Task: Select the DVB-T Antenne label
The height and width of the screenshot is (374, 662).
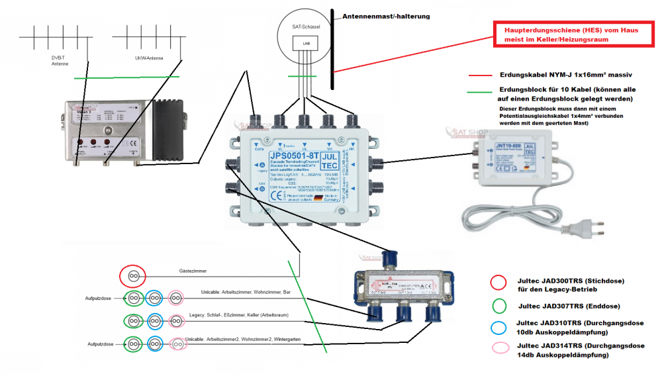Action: coord(60,60)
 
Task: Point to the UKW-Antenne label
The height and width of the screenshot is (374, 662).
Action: coord(147,58)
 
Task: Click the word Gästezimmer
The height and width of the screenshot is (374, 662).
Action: coord(193,271)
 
